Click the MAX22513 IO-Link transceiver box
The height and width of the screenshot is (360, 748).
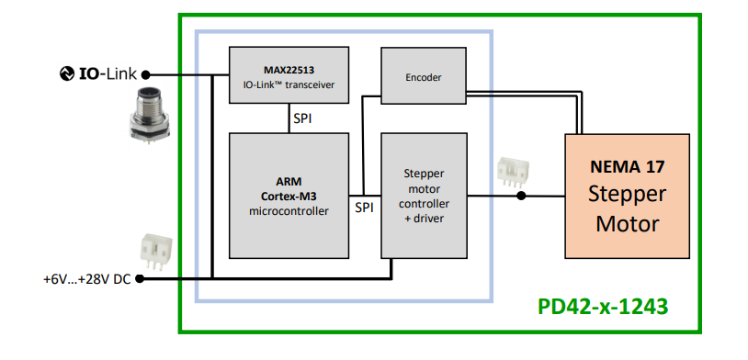289,77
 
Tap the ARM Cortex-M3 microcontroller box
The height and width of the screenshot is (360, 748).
289,195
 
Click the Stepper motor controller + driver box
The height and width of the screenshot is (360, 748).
424,195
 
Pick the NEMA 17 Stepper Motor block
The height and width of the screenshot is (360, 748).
628,196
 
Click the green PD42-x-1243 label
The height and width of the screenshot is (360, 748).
603,306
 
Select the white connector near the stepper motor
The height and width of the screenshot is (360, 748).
509,173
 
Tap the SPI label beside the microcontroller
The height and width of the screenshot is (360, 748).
365,208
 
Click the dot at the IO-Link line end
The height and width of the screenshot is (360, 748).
145,74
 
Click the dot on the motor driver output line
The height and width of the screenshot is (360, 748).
521,196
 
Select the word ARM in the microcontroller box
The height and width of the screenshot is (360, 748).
289,181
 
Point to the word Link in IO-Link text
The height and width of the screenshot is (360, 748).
120,73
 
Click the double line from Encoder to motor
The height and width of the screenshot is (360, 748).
524,95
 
